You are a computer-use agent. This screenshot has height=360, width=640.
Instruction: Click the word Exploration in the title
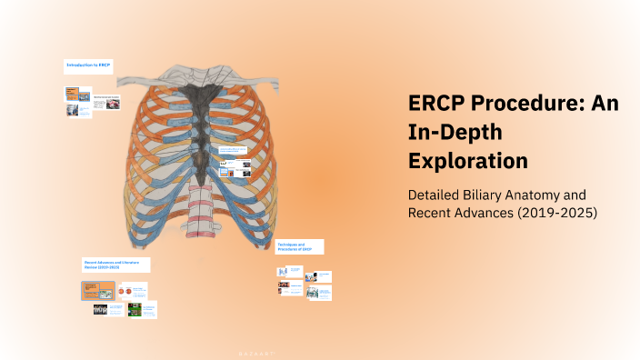pyautogui.click(x=467, y=161)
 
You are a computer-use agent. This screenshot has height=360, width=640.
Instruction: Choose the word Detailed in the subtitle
pyautogui.click(x=435, y=195)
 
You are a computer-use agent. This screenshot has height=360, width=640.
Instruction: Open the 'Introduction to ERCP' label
pyautogui.click(x=88, y=66)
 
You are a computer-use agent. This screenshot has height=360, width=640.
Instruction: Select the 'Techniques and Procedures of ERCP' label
pyautogui.click(x=299, y=246)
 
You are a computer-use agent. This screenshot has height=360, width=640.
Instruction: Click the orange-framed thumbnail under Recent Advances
pyautogui.click(x=97, y=291)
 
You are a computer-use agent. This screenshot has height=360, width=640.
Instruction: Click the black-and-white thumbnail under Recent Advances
pyautogui.click(x=101, y=309)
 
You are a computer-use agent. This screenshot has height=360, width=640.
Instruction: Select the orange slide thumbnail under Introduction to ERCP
pyautogui.click(x=73, y=93)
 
